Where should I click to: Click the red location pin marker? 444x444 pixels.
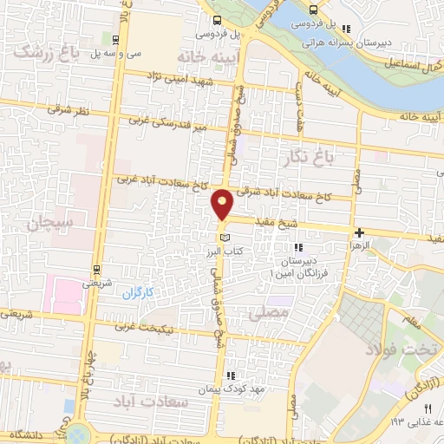pos(224,205)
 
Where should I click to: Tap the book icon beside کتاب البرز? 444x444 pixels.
pos(225,237)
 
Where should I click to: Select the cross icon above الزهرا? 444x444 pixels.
pos(358,232)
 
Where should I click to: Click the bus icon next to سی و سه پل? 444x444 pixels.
pos(117,40)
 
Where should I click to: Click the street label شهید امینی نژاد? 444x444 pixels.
pos(189,79)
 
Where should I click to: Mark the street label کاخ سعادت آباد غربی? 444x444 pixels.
pos(161,182)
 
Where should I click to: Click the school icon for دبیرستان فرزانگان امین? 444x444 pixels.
pos(298,248)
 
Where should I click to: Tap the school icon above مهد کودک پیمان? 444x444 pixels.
pos(231,375)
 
